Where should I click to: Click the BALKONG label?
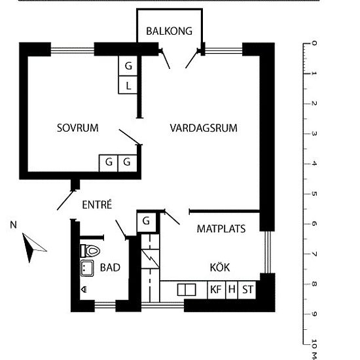coord(170,31)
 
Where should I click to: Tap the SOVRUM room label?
coord(78,128)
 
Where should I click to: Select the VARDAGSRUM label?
coord(204,128)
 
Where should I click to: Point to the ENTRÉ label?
coord(97,204)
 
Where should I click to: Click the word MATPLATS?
coord(221,228)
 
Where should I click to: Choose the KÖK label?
coord(220,267)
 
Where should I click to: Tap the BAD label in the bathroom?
coord(110,268)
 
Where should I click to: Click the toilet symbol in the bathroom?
coord(90,251)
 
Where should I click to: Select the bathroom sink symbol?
coord(87,268)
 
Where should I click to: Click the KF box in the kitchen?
coord(217,290)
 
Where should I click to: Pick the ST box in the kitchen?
coord(247,290)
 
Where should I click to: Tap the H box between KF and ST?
coord(232,290)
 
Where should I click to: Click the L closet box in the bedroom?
coord(128,85)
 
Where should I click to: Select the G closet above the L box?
coord(128,66)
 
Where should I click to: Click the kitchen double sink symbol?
coord(187,290)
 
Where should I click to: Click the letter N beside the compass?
coord(14,225)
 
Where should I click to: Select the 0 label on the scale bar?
coord(314,43)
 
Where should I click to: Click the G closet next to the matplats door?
coord(146,221)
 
